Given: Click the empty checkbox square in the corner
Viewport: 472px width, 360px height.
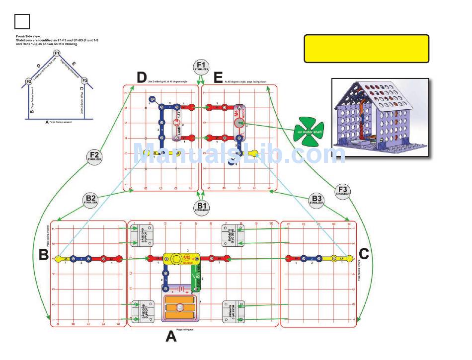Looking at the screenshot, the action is coord(22,21).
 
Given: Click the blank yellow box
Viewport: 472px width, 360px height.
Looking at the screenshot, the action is coord(367,49).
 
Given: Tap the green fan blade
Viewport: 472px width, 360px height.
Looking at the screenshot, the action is coord(309,132).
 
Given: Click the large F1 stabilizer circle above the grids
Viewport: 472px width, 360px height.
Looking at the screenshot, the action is coord(201,67).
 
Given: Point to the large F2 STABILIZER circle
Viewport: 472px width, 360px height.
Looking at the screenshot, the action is coord(94,156).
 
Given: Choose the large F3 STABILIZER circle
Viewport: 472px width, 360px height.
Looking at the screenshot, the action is coord(342,191).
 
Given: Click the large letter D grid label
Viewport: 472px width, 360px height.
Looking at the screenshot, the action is coord(142,77).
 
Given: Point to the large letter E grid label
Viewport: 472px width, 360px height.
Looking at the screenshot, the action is coord(218,77).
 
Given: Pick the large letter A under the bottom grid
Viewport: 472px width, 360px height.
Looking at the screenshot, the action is coord(170,337).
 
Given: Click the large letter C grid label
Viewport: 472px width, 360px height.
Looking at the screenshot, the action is coord(364,254).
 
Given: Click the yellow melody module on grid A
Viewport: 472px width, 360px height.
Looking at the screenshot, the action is coord(181,258).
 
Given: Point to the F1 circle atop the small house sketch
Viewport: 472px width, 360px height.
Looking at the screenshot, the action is coord(57,53).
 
